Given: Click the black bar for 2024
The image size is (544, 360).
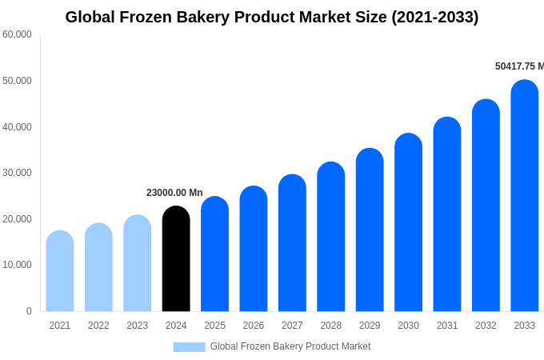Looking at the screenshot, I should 176,260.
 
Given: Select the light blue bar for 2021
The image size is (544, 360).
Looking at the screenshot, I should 60,272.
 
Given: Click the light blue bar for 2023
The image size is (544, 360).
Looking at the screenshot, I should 137,264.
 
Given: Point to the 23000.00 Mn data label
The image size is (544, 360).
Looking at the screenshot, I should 174,193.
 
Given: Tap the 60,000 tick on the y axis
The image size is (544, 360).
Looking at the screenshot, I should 17,34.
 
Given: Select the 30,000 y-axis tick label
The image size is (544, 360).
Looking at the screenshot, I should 17,173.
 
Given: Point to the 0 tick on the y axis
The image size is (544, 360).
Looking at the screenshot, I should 29,311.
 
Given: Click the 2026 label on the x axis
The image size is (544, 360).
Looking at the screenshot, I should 253,326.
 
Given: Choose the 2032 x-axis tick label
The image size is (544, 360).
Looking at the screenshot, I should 486,326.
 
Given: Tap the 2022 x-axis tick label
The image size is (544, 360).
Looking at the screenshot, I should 98,326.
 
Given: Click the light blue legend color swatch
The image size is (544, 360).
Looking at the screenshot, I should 189,347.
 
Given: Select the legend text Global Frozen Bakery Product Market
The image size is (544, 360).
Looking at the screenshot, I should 290,346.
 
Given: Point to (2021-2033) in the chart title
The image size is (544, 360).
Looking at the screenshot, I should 434,17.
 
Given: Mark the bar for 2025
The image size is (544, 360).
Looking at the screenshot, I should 214,256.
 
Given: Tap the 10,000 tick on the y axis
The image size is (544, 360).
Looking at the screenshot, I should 17,265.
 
